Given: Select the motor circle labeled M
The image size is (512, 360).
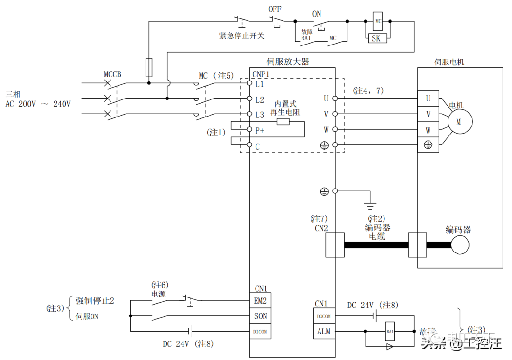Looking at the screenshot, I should coord(458,122).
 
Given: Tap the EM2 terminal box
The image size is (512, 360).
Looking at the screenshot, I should coord(261,300).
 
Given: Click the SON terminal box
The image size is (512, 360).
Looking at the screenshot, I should coord(261,316).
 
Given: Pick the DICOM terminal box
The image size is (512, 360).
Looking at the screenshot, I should coord(261,332).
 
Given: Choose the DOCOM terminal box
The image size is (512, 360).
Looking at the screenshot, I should coord(324,316).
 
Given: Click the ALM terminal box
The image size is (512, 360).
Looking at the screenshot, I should coord(324,332).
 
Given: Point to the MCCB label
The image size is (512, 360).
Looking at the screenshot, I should coord(112,75).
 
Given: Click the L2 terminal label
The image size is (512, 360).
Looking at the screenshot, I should coord(259,99).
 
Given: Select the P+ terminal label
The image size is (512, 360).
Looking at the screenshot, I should coord(259,130).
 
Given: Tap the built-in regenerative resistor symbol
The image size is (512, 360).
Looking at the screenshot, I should coord(283,122).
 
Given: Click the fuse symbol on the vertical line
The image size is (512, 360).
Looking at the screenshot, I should coord(149,68).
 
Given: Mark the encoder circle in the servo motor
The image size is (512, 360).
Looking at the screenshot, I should coord(460,245).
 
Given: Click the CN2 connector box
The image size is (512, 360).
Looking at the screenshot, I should coord(335,244).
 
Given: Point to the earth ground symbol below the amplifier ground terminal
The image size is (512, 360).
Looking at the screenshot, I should coord(371,206).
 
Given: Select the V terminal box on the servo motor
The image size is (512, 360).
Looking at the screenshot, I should coord(428,114).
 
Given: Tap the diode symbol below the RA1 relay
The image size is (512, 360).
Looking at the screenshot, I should coord(390,347).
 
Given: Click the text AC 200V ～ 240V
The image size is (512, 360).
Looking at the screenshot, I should coord(38,104).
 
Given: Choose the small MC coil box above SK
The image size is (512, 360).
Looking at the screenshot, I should coord(378,22).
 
